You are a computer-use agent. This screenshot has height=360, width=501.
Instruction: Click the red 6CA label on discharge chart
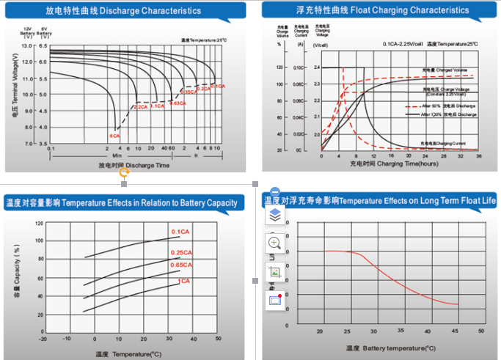tap(114, 136)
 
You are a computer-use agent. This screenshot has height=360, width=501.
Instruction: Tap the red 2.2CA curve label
tap(140, 107)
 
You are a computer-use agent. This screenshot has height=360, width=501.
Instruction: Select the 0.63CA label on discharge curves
tap(177, 103)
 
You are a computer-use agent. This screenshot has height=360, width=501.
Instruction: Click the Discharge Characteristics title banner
tap(123, 11)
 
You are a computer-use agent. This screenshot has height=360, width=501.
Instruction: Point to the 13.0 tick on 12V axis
tap(28, 45)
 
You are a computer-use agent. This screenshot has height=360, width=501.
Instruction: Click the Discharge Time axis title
tap(134, 165)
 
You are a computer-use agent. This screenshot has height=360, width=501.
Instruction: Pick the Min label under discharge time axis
tap(117, 155)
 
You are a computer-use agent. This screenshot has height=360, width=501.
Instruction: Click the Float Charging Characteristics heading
tap(378, 10)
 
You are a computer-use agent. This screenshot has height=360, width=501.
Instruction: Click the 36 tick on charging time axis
tap(478, 156)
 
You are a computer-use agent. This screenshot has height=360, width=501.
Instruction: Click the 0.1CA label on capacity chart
tap(180, 232)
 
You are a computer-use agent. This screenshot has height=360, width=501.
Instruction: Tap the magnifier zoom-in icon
tap(275, 243)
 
